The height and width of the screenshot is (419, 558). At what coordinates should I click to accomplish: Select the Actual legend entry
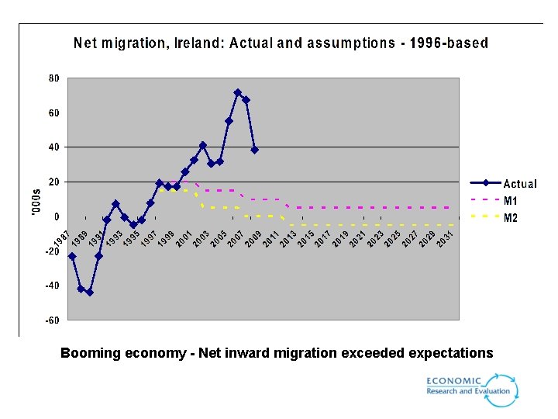click(519, 184)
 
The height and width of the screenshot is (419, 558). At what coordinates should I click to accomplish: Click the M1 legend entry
click(511, 201)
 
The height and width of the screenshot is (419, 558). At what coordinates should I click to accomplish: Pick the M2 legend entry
click(511, 218)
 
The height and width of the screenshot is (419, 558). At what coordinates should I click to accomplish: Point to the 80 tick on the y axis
click(54, 78)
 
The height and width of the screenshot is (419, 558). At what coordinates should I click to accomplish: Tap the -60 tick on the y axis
click(53, 320)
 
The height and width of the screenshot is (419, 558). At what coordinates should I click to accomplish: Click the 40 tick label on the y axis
click(54, 147)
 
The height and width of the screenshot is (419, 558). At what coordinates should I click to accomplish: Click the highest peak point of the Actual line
click(238, 92)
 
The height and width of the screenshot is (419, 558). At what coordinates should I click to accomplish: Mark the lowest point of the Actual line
click(89, 293)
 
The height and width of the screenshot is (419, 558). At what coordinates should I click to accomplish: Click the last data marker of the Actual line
click(254, 150)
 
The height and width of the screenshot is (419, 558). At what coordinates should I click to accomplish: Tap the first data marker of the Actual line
click(72, 256)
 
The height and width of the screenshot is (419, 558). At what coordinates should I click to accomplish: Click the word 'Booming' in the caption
click(90, 354)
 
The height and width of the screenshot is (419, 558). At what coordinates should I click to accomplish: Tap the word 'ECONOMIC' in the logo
click(453, 380)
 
